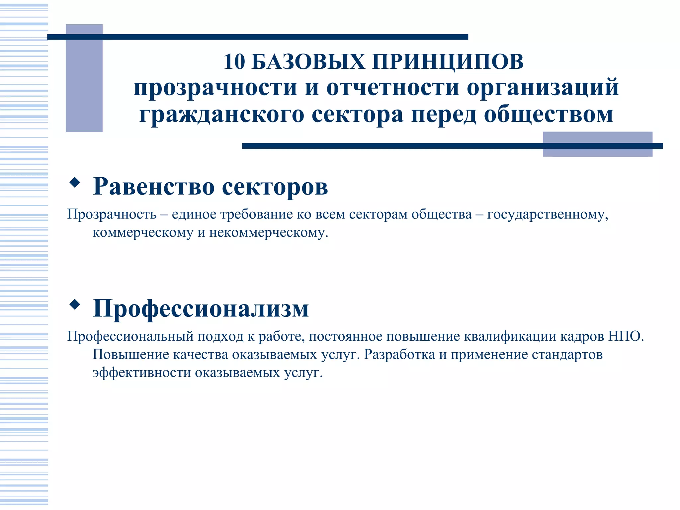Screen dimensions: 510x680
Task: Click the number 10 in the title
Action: click(234, 62)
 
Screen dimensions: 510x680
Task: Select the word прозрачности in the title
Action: click(215, 88)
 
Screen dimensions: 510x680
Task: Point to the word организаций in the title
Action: click(543, 88)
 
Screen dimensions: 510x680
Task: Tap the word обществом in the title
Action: click(548, 115)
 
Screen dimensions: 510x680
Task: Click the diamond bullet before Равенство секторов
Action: click(75, 182)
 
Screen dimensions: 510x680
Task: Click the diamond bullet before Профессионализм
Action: click(75, 304)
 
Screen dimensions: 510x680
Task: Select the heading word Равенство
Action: click(153, 186)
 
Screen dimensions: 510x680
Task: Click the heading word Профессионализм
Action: click(201, 308)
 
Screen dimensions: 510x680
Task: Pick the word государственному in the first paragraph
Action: click(547, 214)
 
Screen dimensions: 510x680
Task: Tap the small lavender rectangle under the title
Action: click(597, 144)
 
